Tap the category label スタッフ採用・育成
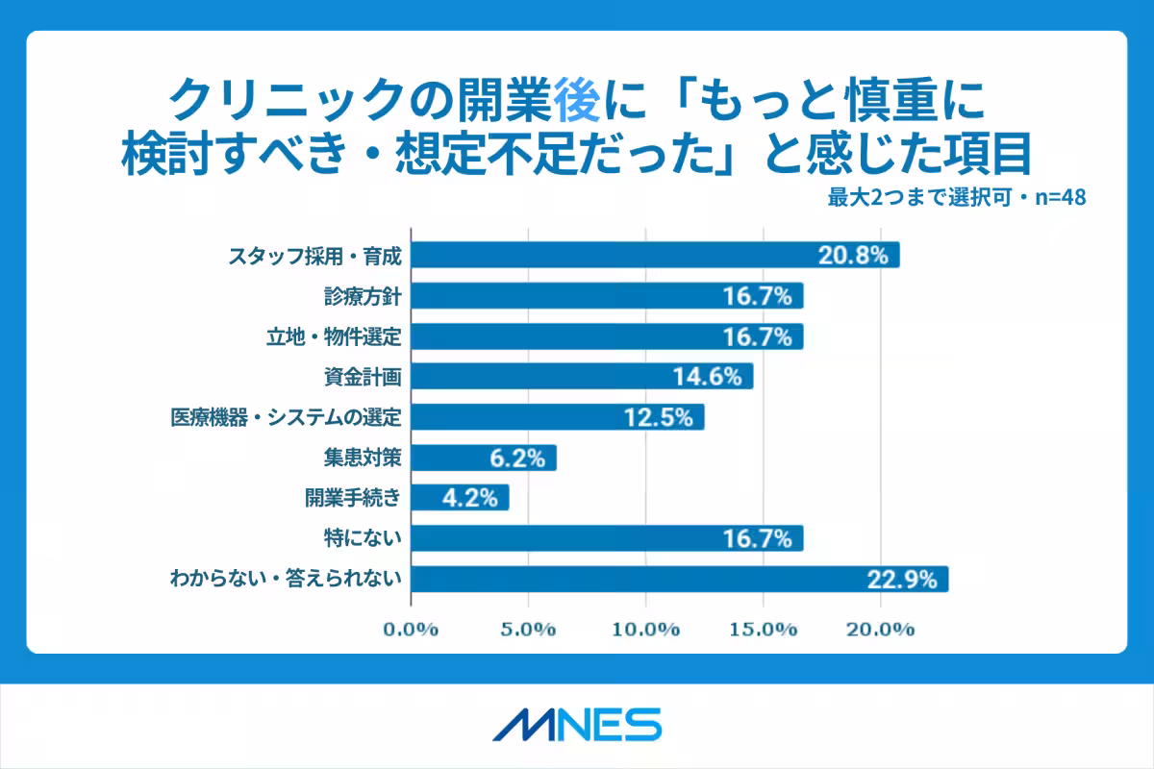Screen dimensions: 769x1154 (313, 256)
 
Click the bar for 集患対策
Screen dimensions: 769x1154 (484, 458)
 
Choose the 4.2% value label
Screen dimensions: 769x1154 (469, 498)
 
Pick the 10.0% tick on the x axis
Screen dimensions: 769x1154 (646, 630)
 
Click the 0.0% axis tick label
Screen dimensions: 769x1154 (411, 630)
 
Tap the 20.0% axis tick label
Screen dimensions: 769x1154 (881, 630)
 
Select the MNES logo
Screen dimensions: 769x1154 (577, 724)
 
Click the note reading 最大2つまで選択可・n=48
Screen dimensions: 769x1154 (956, 198)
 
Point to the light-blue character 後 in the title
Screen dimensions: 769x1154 (577, 97)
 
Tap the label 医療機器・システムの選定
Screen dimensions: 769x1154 (284, 417)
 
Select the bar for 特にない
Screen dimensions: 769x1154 (606, 538)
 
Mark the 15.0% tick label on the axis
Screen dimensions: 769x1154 (764, 630)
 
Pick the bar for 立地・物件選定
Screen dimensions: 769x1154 (606, 336)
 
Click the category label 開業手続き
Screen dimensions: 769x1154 (352, 498)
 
